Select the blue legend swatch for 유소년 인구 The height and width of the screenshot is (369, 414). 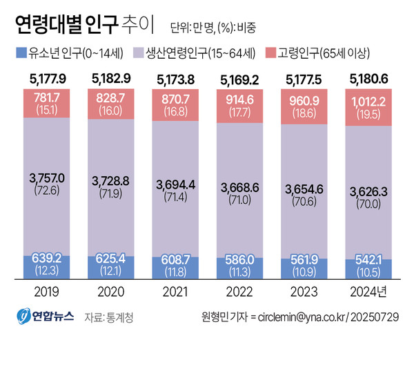click(19, 53)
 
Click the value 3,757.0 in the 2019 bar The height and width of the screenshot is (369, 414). click(46, 178)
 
